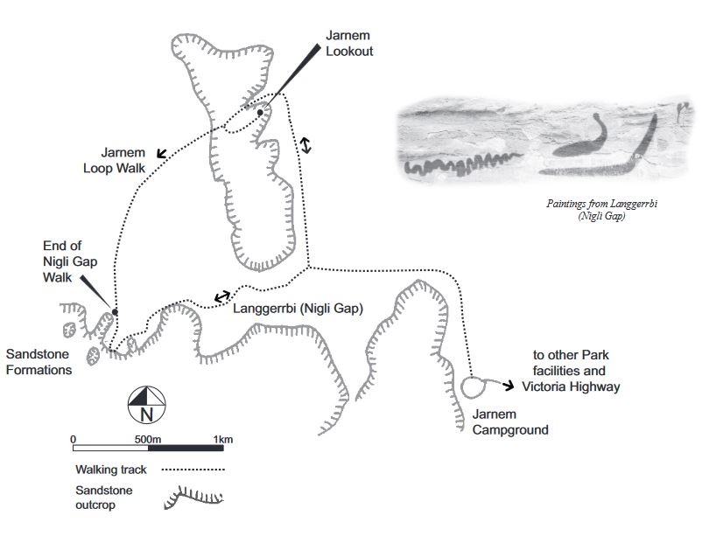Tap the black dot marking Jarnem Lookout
pos(260,112)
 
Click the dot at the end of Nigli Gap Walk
pos(115,312)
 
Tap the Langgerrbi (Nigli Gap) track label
pos(298,308)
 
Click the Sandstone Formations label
pos(39,362)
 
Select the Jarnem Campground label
pos(510,421)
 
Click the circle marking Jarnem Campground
pos(473,386)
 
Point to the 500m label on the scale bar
pos(147,439)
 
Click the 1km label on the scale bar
pos(223,439)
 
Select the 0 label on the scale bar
pos(73,439)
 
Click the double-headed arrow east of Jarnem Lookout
pos(305,145)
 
